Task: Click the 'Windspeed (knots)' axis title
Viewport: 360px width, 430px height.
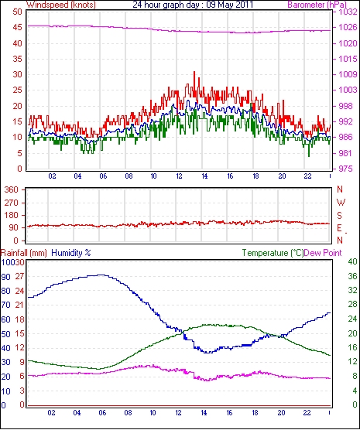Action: (x=61, y=5)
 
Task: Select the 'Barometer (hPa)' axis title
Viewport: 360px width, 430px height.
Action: (x=317, y=5)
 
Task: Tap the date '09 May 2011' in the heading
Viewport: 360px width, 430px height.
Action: (x=230, y=5)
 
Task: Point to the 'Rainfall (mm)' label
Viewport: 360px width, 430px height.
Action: (x=24, y=253)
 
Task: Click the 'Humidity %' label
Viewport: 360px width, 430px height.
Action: (x=71, y=253)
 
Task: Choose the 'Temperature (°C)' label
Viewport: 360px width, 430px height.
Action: (x=273, y=253)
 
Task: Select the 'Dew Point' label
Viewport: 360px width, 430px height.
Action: (x=323, y=253)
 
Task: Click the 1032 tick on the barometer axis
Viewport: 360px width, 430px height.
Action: (x=348, y=12)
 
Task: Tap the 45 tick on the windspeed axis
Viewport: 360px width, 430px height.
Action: (x=17, y=27)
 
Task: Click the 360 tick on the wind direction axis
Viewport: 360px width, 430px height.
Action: (x=12, y=189)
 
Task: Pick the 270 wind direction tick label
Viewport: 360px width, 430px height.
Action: (x=12, y=203)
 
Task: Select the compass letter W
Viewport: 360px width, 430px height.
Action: (x=341, y=203)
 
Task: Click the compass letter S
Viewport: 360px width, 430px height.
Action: (x=340, y=216)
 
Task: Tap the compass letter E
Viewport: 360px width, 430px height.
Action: (x=340, y=228)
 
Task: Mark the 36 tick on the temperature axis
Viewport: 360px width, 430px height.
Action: (x=352, y=276)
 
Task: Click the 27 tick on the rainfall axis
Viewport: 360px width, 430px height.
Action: (x=19, y=276)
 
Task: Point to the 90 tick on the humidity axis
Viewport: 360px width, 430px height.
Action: (x=5, y=277)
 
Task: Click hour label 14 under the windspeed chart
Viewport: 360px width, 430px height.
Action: (x=204, y=176)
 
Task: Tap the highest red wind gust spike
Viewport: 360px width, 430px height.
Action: (x=194, y=73)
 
